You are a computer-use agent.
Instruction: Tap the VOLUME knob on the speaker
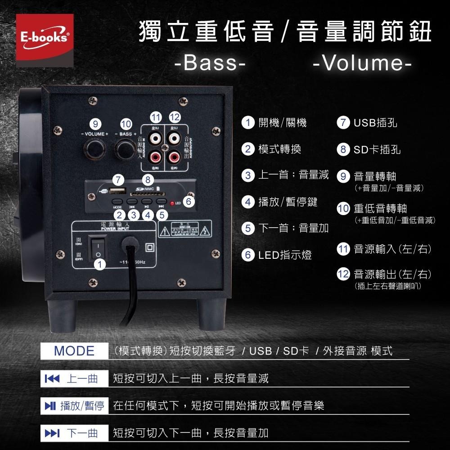pos(95,148)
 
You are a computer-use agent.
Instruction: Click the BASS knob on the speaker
pos(125,148)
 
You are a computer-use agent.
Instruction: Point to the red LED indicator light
pos(172,203)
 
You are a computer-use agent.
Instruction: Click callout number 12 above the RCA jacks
pos(175,117)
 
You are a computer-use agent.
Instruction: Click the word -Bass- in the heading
pos(210,63)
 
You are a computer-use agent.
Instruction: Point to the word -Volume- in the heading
pos(362,63)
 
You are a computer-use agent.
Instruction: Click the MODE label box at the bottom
pos(74,351)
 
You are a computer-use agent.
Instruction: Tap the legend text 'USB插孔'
pos(375,122)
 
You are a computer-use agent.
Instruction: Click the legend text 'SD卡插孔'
pos(377,149)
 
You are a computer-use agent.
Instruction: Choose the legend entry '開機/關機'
pos(282,122)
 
